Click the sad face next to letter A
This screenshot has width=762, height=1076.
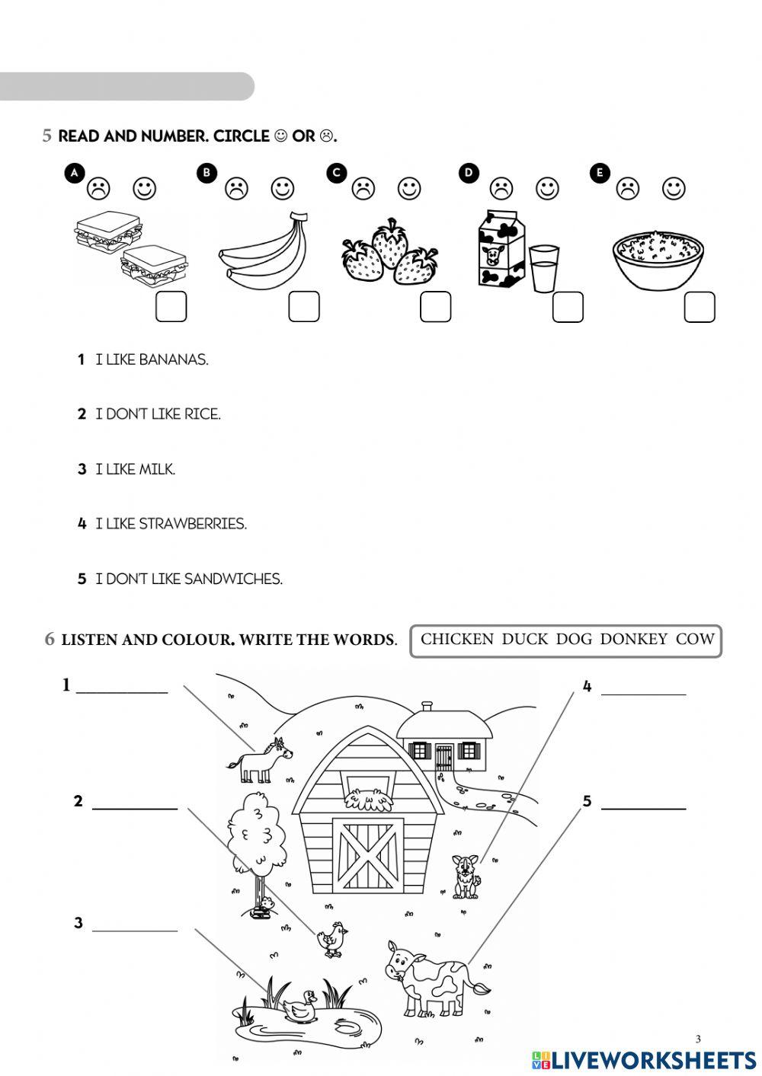pyautogui.click(x=98, y=187)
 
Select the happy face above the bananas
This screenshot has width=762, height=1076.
pyautogui.click(x=283, y=187)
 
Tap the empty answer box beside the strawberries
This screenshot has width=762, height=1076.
pyautogui.click(x=435, y=307)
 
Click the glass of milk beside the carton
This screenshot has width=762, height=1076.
pyautogui.click(x=544, y=268)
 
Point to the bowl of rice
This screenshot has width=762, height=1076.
pyautogui.click(x=658, y=260)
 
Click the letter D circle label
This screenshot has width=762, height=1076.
pyautogui.click(x=469, y=173)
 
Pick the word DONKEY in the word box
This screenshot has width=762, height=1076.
pyautogui.click(x=633, y=640)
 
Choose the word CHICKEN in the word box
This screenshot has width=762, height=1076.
pyautogui.click(x=457, y=640)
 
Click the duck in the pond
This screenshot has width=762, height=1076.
pyautogui.click(x=299, y=1005)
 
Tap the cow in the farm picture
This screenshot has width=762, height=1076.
pyautogui.click(x=431, y=979)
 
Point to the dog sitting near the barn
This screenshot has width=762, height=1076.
pyautogui.click(x=466, y=876)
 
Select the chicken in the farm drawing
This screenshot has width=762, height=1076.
pyautogui.click(x=331, y=938)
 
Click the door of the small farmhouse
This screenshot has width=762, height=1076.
pyautogui.click(x=443, y=756)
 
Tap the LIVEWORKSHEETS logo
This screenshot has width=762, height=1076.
pyautogui.click(x=644, y=1059)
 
